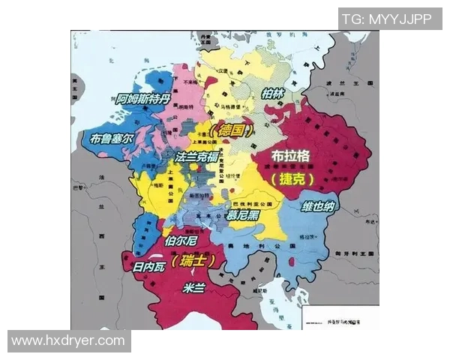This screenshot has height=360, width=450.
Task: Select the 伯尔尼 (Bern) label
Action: click(x=180, y=241)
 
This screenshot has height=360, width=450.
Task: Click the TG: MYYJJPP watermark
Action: click(x=386, y=19)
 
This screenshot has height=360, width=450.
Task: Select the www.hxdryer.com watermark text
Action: click(x=68, y=341)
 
